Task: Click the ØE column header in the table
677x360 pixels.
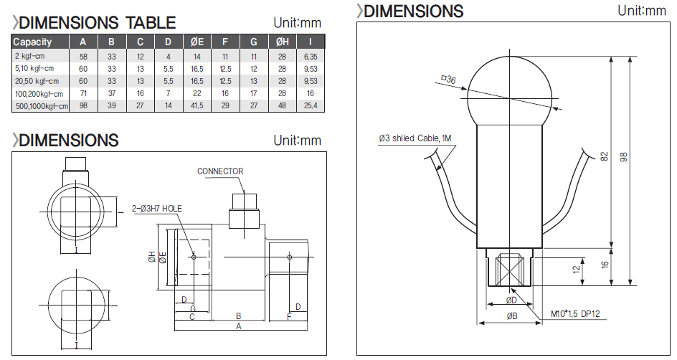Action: point(197,42)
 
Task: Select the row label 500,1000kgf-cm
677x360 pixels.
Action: point(41,106)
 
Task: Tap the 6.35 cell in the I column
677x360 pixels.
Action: point(310,55)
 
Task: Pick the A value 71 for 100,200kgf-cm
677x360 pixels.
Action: point(83,93)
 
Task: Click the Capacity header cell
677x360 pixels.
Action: point(33,42)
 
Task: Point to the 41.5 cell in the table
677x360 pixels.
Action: point(197,106)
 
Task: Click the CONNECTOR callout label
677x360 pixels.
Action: point(220,171)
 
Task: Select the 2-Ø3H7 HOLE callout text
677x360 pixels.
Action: point(157,209)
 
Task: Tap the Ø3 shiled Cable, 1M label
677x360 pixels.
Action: point(417,138)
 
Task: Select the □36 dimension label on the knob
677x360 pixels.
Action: point(449,80)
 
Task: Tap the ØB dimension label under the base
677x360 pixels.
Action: point(511,316)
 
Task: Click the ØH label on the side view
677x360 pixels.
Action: point(152,256)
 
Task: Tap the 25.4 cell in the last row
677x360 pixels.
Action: point(310,106)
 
